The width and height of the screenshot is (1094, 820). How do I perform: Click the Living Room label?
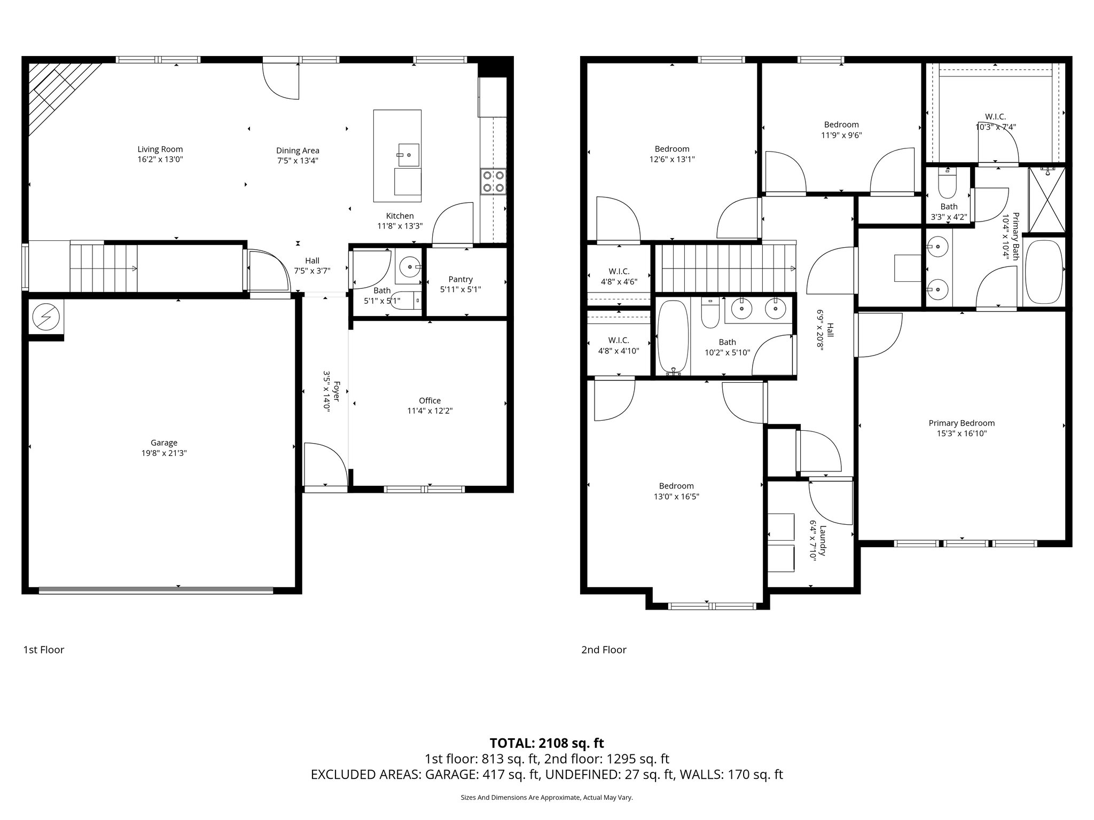pyautogui.click(x=160, y=149)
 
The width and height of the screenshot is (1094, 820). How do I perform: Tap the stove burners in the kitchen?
pyautogui.click(x=493, y=181)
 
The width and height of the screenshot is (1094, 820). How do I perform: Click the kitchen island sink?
pyautogui.click(x=409, y=155)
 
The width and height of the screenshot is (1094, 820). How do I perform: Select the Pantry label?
pyautogui.click(x=460, y=279)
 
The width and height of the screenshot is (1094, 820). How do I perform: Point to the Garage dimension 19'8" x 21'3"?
pyautogui.click(x=163, y=453)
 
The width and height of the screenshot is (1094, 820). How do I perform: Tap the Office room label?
pyautogui.click(x=429, y=401)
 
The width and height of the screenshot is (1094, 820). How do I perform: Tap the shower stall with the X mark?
pyautogui.click(x=1046, y=200)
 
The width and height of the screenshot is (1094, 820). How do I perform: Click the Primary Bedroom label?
pyautogui.click(x=962, y=423)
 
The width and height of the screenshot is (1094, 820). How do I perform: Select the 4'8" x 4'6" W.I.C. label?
pyautogui.click(x=619, y=272)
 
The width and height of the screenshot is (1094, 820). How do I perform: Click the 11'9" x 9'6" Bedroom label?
pyautogui.click(x=841, y=125)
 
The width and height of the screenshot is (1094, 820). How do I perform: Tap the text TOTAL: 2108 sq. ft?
pyautogui.click(x=546, y=743)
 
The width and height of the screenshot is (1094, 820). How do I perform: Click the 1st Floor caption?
pyautogui.click(x=44, y=650)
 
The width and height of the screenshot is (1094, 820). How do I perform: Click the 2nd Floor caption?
pyautogui.click(x=604, y=650)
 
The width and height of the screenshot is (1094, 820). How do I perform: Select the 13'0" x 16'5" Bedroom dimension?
pyautogui.click(x=676, y=496)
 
